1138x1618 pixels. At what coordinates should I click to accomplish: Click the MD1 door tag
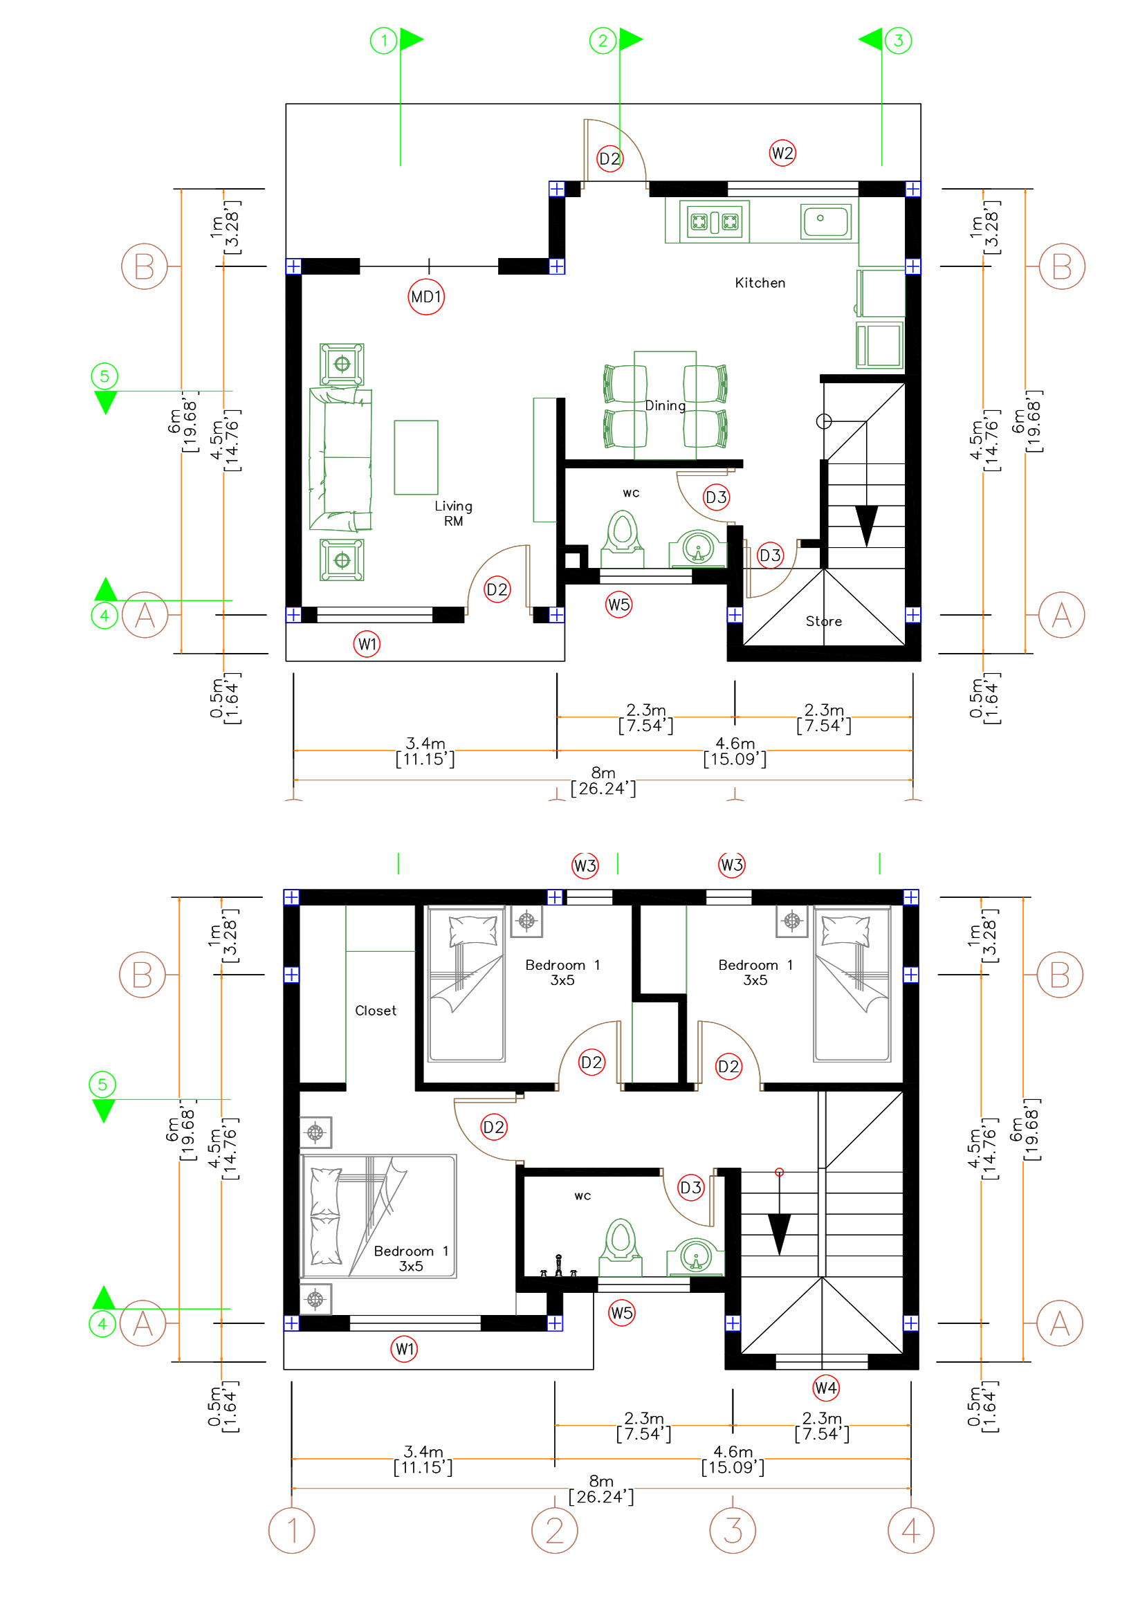point(425,297)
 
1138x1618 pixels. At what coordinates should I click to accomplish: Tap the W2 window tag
point(782,153)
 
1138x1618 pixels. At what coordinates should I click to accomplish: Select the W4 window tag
point(825,1388)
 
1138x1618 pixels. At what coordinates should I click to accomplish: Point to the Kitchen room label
point(760,283)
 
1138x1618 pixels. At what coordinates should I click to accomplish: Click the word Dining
point(665,405)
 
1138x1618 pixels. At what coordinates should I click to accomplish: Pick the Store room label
point(823,620)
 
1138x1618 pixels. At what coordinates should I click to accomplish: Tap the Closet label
point(376,1011)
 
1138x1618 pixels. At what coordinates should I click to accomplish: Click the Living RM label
point(453,513)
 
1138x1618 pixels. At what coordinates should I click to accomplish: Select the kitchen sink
point(826,221)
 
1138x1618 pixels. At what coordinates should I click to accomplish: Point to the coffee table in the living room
point(416,457)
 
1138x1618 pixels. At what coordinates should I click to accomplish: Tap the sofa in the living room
point(340,458)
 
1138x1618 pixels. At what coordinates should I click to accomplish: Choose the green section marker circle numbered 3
point(898,40)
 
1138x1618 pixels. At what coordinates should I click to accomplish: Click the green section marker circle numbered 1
point(383,40)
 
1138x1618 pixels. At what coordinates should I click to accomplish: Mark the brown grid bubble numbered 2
point(554,1530)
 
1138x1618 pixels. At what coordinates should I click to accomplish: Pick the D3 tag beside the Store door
point(769,555)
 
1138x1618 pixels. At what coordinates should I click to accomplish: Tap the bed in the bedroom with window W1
point(378,1216)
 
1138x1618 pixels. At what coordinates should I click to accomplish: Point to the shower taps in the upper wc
point(558,1267)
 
